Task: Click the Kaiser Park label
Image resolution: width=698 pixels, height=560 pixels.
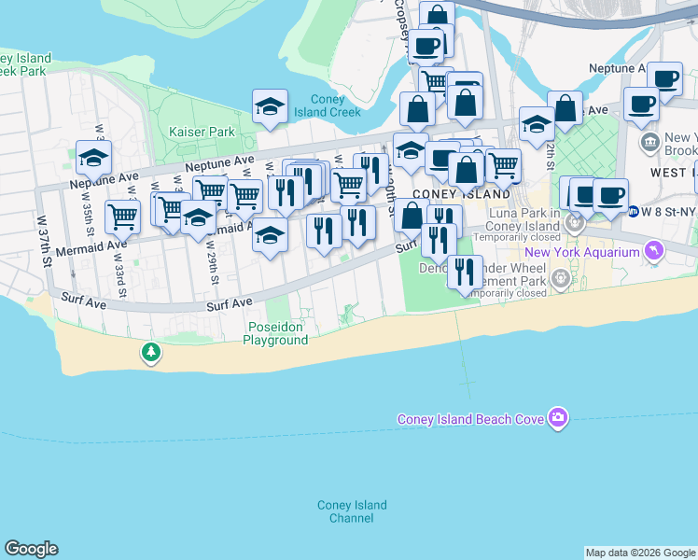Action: point(202,132)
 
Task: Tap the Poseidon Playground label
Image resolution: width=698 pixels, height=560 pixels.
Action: point(275,333)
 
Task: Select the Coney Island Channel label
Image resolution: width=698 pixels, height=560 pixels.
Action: point(351,511)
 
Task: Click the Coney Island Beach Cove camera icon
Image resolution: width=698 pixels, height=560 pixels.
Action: point(558,417)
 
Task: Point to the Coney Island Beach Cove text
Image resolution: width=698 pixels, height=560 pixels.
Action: point(470,419)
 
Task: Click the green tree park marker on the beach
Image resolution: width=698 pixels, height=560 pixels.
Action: point(150,353)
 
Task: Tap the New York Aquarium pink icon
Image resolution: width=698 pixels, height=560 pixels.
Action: point(654,251)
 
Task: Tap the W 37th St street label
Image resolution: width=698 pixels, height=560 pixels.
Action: point(42,240)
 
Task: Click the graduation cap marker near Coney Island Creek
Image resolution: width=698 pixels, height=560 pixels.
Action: point(270,106)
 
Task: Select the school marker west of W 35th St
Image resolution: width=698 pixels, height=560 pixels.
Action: point(93,158)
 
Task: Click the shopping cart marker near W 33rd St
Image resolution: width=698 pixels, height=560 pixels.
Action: point(122,217)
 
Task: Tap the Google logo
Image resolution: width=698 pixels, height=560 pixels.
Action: point(31,549)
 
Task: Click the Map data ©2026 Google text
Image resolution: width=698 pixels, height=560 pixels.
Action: point(640,553)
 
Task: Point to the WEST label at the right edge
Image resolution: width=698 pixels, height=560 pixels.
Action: point(670,174)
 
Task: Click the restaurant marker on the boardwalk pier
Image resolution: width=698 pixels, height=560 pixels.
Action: point(465,273)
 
